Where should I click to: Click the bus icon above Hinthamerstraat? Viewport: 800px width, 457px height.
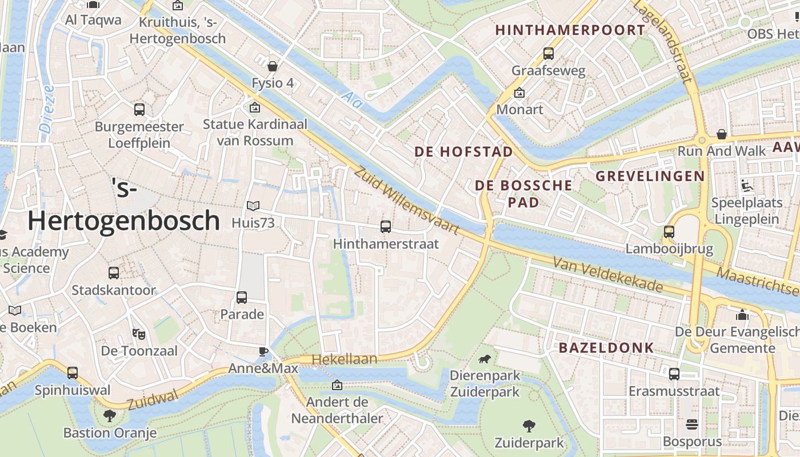click(x=386, y=227)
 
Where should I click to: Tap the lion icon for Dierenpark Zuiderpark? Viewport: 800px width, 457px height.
click(x=485, y=359)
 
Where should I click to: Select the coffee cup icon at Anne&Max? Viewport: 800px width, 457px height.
click(x=263, y=351)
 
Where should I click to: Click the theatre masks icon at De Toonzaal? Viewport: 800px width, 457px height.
click(x=137, y=333)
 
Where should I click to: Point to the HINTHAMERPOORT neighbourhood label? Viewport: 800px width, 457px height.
click(x=570, y=30)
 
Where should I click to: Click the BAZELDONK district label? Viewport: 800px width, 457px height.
click(x=606, y=347)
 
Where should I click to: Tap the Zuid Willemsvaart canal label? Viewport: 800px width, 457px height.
click(x=407, y=200)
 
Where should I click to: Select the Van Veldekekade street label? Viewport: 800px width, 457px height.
click(x=607, y=275)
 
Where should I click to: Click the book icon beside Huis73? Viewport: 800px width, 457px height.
click(x=253, y=206)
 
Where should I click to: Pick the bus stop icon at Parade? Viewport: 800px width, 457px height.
click(x=242, y=297)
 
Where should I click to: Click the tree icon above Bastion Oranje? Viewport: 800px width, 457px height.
click(x=110, y=415)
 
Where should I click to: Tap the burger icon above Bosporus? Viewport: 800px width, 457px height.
click(x=692, y=424)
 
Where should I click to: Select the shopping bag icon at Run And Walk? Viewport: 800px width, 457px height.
click(x=722, y=134)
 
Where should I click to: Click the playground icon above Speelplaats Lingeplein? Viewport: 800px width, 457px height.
click(x=746, y=186)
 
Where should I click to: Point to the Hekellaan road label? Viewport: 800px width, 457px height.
click(x=345, y=359)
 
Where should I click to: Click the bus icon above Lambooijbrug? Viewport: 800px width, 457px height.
click(x=669, y=232)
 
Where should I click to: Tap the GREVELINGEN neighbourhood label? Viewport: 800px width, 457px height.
click(x=650, y=176)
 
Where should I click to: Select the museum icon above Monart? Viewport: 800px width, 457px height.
click(x=519, y=92)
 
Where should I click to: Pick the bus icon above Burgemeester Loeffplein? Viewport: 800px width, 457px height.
click(x=139, y=109)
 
